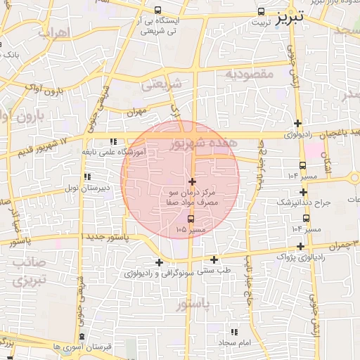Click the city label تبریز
pyautogui.click(x=290, y=16)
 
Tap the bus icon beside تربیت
pyautogui.click(x=262, y=12)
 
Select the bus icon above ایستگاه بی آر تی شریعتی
pyautogui.click(x=157, y=11)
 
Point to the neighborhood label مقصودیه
pyautogui.click(x=252, y=73)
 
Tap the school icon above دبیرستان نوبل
pyautogui.click(x=87, y=177)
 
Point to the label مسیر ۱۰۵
pyautogui.click(x=192, y=229)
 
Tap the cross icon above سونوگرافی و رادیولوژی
pyautogui.click(x=160, y=262)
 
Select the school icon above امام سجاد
pyautogui.click(x=235, y=331)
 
